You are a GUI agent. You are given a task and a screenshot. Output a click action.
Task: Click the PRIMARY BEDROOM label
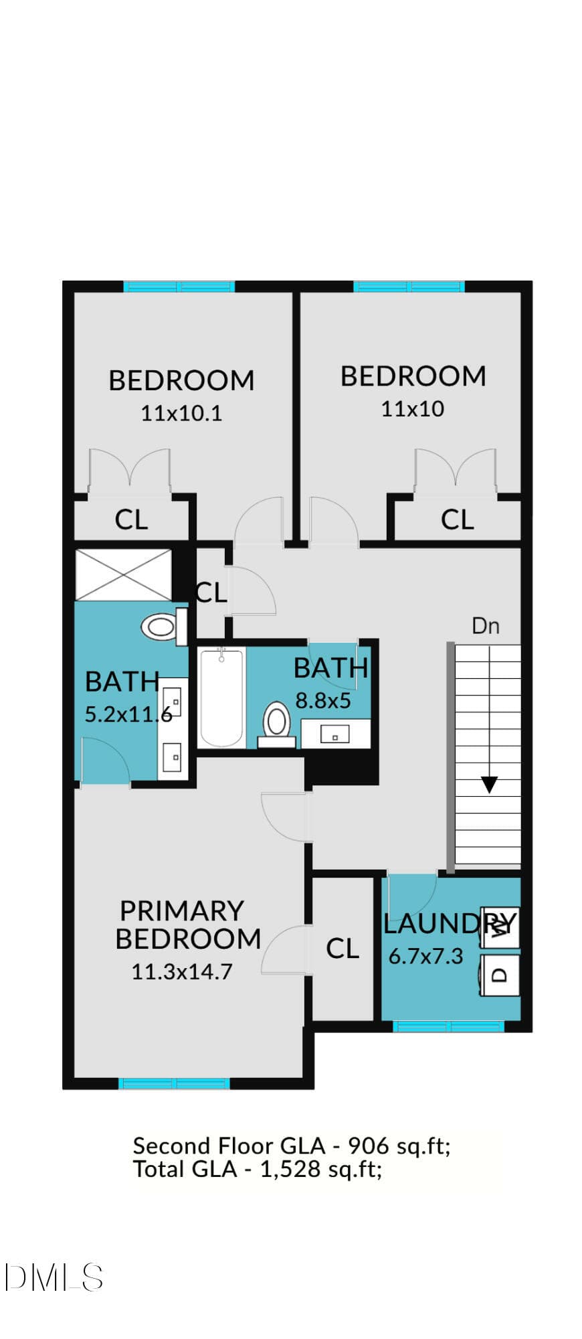[188, 925]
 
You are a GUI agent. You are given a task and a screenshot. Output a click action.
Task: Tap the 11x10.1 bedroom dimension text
[181, 413]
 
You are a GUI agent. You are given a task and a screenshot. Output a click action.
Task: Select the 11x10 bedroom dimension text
[413, 408]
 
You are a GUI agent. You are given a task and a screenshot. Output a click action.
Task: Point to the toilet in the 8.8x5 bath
[276, 725]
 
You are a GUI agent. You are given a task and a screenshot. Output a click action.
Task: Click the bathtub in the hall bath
[221, 697]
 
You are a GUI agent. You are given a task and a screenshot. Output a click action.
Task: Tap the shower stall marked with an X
[124, 575]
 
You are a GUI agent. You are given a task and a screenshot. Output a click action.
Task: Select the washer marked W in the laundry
[500, 927]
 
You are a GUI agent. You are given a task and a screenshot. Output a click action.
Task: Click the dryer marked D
[500, 975]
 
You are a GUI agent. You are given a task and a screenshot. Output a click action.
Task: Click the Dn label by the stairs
[486, 626]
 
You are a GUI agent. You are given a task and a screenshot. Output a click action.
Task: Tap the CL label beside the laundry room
[343, 948]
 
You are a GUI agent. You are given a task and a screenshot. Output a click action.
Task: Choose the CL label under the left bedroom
[131, 520]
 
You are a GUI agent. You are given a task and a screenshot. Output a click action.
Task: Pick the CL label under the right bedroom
[458, 520]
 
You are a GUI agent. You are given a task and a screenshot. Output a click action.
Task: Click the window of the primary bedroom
[175, 1083]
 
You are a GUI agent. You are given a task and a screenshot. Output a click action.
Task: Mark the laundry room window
[448, 1026]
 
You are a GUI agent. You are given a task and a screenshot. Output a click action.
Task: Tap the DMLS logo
[54, 1277]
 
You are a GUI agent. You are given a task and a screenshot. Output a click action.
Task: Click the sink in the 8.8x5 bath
[334, 734]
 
